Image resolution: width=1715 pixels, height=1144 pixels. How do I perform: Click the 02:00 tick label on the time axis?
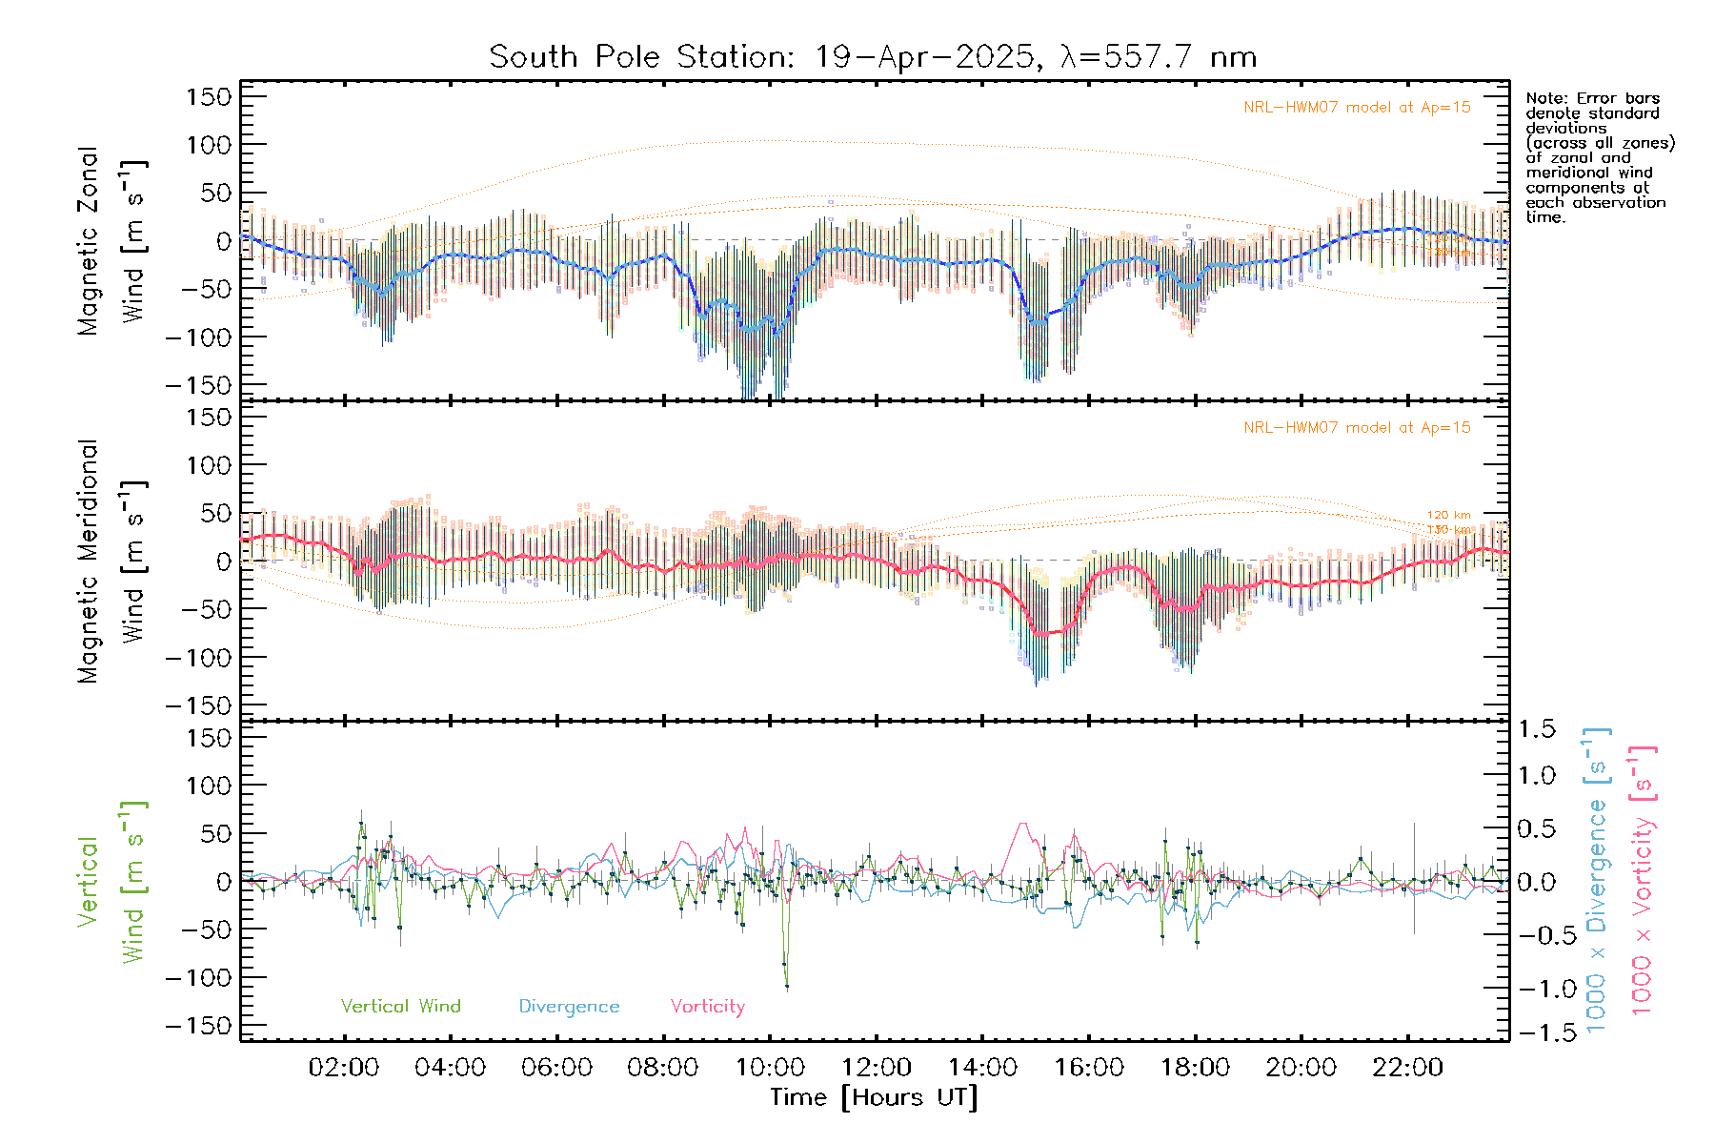pyautogui.click(x=343, y=1068)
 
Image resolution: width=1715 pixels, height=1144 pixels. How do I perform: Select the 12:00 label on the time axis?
pyautogui.click(x=876, y=1068)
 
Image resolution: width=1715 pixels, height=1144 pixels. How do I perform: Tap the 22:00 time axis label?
pyautogui.click(x=1407, y=1068)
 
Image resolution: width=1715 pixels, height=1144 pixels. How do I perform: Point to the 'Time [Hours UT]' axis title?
pyautogui.click(x=874, y=1097)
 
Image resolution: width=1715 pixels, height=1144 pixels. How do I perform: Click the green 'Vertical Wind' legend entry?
pyautogui.click(x=400, y=1007)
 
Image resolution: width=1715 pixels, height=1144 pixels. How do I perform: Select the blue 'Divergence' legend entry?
pyautogui.click(x=569, y=1007)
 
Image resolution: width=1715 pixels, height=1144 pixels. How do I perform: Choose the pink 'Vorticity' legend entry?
pyautogui.click(x=707, y=1007)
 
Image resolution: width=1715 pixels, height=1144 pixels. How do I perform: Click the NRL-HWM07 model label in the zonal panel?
pyautogui.click(x=1357, y=108)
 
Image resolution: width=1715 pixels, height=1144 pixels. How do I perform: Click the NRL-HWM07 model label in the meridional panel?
pyautogui.click(x=1357, y=428)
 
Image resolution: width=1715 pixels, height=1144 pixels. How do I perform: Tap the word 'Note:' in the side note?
pyautogui.click(x=1544, y=98)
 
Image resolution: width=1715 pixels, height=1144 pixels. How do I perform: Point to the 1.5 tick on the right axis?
pyautogui.click(x=1537, y=729)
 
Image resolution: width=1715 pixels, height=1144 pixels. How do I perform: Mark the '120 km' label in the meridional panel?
pyautogui.click(x=1448, y=515)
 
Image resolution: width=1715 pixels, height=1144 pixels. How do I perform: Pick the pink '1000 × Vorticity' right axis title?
pyautogui.click(x=1643, y=880)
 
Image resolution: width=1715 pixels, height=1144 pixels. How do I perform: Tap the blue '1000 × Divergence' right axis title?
pyautogui.click(x=1597, y=880)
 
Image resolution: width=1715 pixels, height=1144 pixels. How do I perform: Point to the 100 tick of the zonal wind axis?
pyautogui.click(x=210, y=145)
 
